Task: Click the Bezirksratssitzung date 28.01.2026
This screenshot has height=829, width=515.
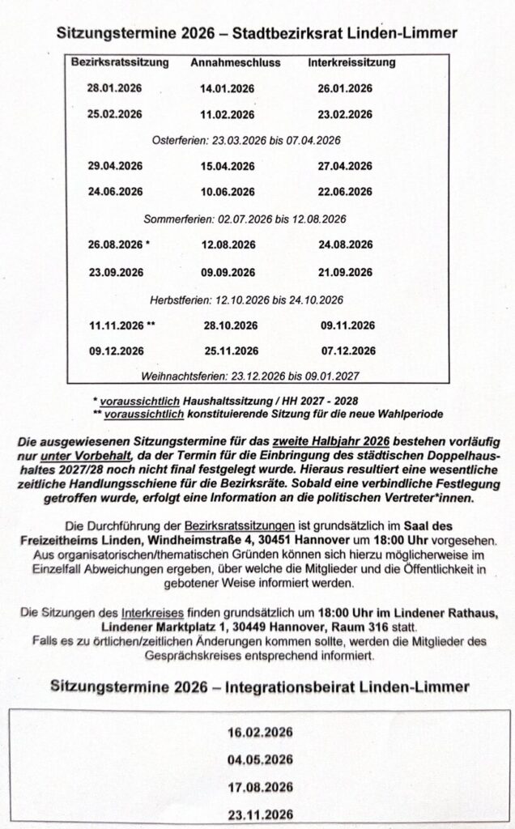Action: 115,88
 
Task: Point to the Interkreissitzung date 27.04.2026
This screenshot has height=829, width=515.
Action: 345,166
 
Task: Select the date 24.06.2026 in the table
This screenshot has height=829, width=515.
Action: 115,192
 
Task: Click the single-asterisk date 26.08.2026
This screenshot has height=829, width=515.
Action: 115,244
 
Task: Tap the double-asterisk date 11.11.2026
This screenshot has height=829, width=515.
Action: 117,325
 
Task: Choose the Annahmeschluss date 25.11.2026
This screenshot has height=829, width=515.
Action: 230,351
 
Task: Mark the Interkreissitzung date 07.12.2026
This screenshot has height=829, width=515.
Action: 347,351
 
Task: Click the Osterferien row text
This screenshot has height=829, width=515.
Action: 246,140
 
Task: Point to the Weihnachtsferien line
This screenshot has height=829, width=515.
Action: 250,376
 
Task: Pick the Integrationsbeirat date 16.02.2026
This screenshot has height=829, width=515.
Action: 261,733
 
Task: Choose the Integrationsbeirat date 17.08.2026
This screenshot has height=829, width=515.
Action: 261,786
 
